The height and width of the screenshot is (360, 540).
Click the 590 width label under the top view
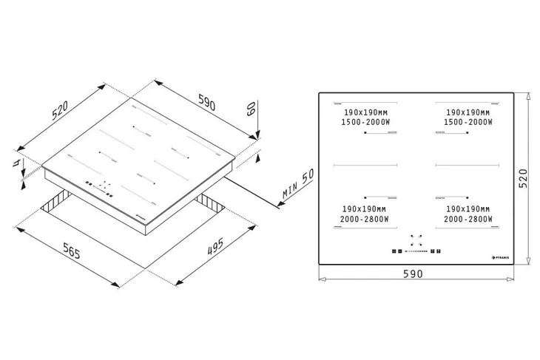tap(413, 274)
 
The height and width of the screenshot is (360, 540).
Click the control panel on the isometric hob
tap(101, 187)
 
